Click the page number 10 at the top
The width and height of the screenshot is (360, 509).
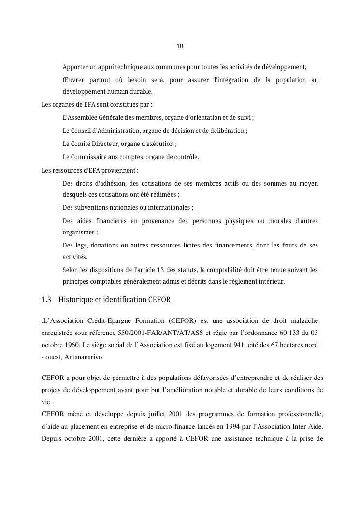180,46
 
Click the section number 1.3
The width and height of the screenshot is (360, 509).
46,300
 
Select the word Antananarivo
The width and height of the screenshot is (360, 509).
79,357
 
